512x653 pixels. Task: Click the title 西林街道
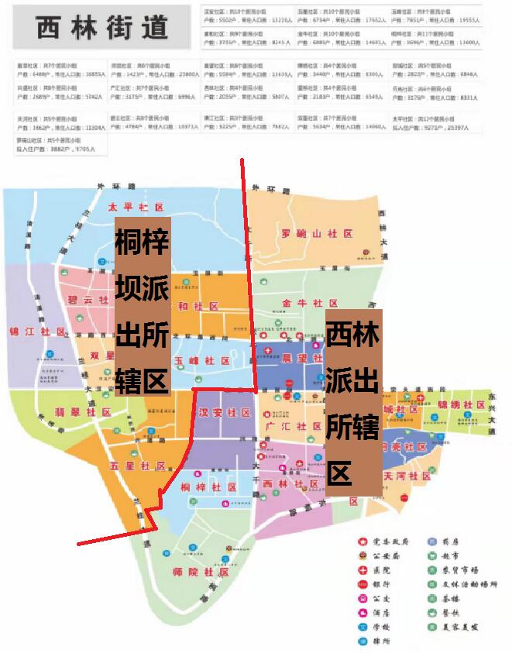102,27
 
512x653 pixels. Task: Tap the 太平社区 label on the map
137,208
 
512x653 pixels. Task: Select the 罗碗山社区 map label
317,233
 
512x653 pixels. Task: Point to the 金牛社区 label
310,303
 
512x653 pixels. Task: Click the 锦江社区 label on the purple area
36,332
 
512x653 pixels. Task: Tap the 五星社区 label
138,466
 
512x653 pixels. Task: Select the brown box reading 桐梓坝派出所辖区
142,306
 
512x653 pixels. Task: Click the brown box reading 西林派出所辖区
353,402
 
